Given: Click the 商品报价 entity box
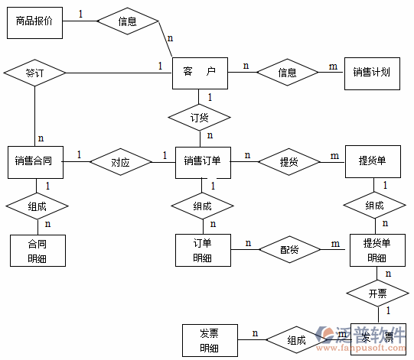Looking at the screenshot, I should (34, 21).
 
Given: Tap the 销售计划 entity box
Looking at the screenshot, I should (371, 73).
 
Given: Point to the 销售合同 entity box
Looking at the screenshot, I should (34, 161).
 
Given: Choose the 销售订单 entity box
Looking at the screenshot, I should (203, 161).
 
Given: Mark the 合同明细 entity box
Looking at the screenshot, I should (37, 251).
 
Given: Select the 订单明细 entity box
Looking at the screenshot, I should (203, 250).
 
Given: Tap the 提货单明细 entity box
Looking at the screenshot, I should (377, 250).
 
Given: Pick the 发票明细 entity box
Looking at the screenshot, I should (209, 340).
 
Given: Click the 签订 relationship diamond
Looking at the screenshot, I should (34, 73).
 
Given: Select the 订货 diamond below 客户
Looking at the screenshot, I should (199, 118).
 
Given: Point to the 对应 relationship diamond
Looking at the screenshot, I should (120, 162).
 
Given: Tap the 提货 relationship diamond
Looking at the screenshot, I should (288, 161).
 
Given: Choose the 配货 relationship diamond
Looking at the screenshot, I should (288, 250).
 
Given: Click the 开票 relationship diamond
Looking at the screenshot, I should (377, 293).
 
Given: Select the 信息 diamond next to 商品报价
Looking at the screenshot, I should (128, 21).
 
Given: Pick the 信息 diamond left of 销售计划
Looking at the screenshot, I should (287, 73).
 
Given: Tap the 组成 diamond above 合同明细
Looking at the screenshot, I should (37, 206).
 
